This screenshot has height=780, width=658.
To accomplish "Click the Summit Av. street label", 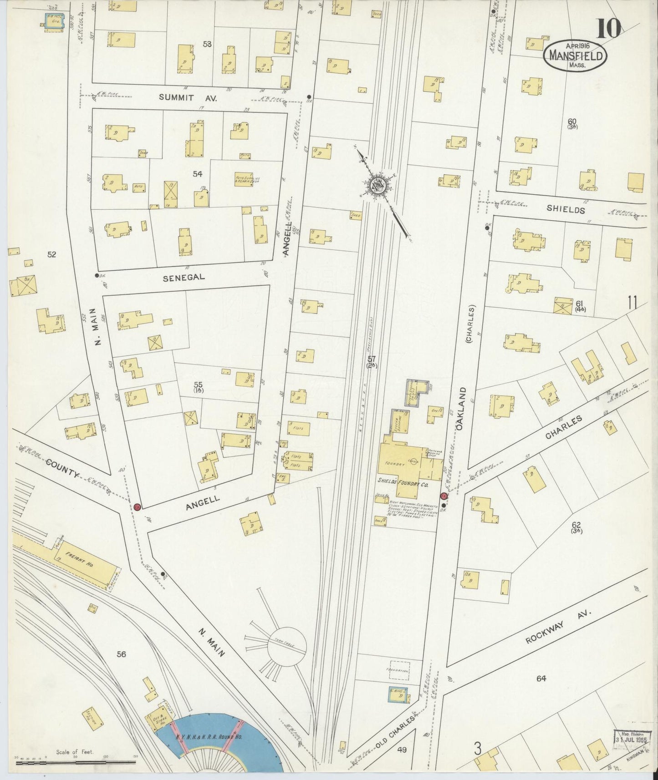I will [176, 98].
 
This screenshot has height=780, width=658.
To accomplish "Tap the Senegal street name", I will [184, 277].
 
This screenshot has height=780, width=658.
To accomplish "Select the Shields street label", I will [566, 210].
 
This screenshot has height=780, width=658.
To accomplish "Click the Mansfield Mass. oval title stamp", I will [576, 56].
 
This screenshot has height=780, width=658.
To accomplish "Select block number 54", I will [197, 174].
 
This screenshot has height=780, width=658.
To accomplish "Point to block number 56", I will [121, 654].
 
